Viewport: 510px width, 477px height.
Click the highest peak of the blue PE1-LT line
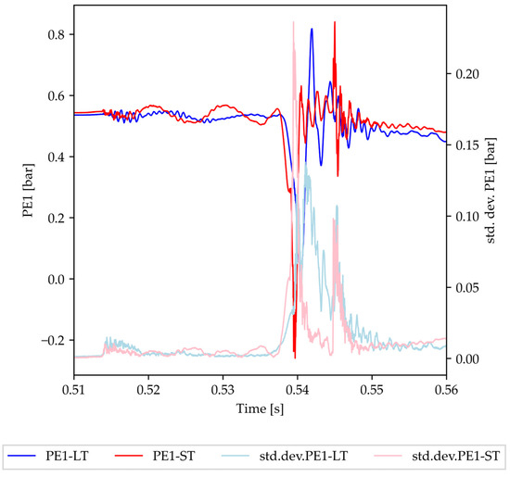click(x=312, y=29)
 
